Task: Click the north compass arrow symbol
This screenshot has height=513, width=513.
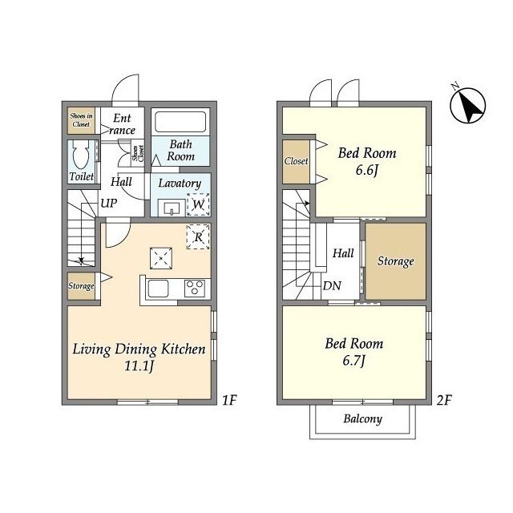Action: [x=468, y=105]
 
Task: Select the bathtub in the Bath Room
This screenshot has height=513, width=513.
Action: [x=180, y=122]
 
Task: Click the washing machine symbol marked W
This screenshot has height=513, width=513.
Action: [x=198, y=204]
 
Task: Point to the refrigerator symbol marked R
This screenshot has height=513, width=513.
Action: [x=198, y=236]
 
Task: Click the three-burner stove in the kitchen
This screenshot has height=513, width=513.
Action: [x=195, y=289]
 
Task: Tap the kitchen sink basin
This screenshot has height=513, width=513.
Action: [x=159, y=289]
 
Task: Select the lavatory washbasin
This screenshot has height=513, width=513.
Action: [x=172, y=208]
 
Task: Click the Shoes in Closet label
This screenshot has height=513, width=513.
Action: [x=81, y=120]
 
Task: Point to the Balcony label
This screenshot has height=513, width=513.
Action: [x=362, y=418]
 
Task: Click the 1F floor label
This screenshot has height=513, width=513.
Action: [x=229, y=400]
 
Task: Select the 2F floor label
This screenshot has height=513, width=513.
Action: [x=444, y=400]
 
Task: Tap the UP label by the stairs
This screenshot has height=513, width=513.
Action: [x=109, y=203]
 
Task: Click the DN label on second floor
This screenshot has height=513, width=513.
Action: [x=332, y=285]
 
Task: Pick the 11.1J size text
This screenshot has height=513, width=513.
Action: [x=139, y=366]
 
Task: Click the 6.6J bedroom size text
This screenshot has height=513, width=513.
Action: [x=367, y=170]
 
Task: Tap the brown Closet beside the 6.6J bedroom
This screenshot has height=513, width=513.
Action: [x=296, y=161]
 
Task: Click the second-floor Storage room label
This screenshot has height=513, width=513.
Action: [x=395, y=261]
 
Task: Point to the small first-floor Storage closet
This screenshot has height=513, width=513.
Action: [x=81, y=286]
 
